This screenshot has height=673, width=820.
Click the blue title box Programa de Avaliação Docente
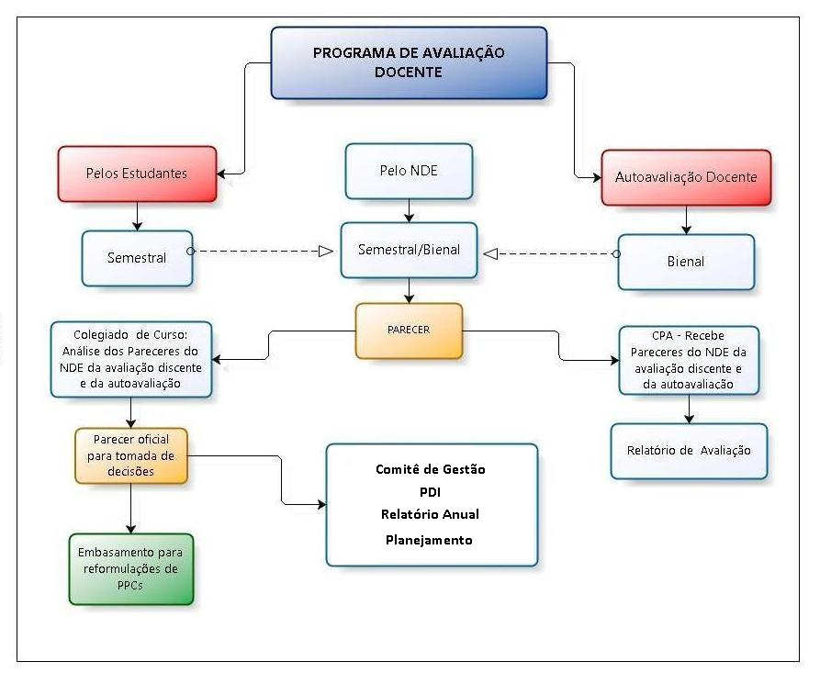click(409, 62)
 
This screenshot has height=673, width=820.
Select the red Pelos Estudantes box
click(137, 173)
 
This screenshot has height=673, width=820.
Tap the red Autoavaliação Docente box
click(686, 176)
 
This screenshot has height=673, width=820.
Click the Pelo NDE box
click(409, 170)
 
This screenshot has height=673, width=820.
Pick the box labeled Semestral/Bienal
click(409, 250)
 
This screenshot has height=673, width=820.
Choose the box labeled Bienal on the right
click(686, 262)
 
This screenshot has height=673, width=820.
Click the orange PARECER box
click(409, 330)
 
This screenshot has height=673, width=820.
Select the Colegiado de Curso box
click(130, 357)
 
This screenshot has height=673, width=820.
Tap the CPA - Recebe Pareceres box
click(689, 360)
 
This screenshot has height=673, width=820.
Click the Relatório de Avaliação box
click(689, 450)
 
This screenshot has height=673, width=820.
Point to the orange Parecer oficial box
click(130, 455)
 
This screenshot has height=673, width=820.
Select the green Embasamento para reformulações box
click(130, 568)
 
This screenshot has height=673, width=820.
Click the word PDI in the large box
click(430, 491)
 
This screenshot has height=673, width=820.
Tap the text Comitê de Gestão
click(430, 469)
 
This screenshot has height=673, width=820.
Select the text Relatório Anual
click(430, 514)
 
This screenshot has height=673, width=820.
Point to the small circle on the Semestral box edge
click(190, 250)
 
